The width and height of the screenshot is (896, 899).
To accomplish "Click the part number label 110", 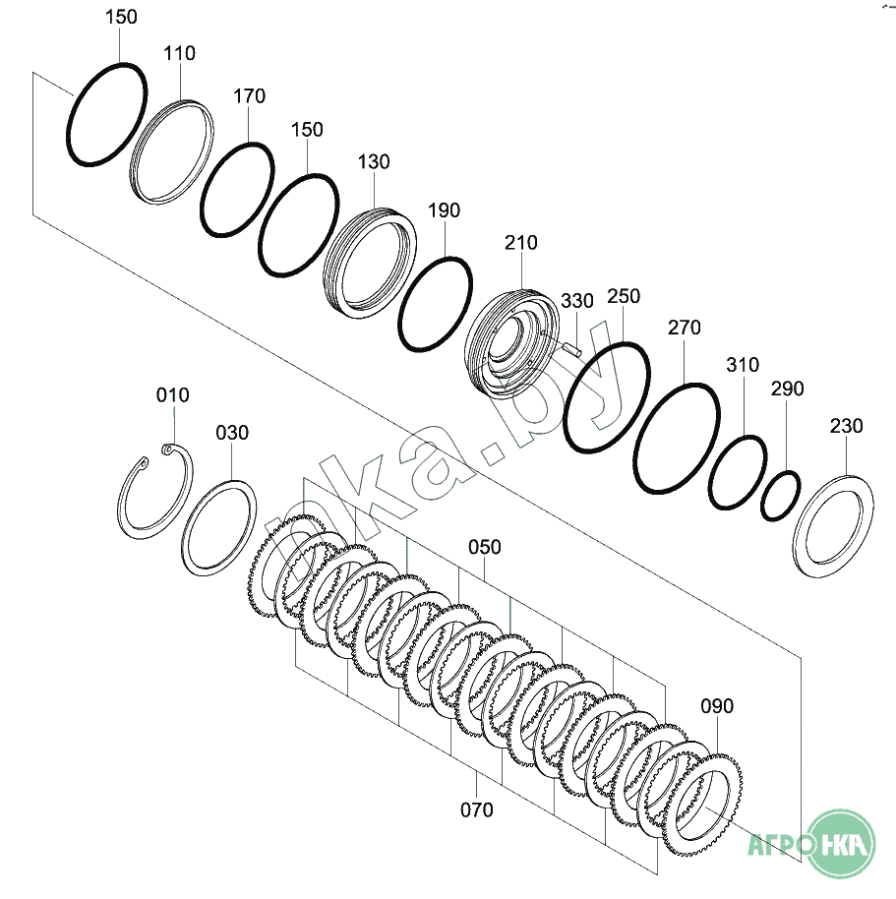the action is [x=179, y=53].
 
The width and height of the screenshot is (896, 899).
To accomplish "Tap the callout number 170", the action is [x=250, y=95].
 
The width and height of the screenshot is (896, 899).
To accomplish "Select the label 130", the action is [x=374, y=161].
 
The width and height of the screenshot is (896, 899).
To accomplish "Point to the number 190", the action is [x=445, y=210].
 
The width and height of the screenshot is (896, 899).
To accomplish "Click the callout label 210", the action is [x=521, y=243].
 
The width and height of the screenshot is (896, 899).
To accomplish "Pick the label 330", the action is [x=576, y=300].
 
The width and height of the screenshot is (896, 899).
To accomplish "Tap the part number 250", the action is [x=624, y=296].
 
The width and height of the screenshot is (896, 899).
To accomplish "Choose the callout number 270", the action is [x=685, y=328].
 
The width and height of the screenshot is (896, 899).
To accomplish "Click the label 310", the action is [x=743, y=364].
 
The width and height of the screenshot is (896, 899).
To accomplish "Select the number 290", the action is [x=787, y=389].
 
